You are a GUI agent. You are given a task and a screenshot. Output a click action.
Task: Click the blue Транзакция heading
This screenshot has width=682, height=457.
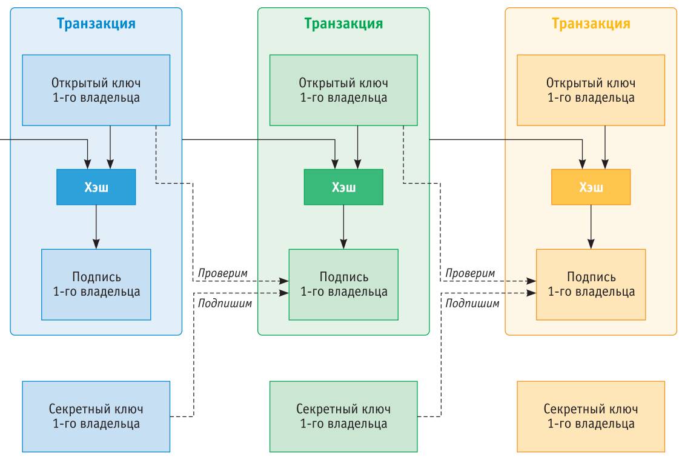(x=96, y=24)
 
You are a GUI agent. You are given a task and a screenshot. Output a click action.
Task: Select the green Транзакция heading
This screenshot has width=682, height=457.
(x=343, y=24)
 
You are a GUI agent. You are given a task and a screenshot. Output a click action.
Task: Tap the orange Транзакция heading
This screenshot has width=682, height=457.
(x=591, y=24)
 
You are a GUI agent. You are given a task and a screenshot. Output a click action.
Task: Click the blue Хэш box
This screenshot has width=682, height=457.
(x=96, y=187)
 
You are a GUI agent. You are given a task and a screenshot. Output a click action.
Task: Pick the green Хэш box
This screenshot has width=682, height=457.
(x=343, y=187)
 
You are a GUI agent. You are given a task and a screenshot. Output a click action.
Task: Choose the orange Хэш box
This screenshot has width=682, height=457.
(x=591, y=187)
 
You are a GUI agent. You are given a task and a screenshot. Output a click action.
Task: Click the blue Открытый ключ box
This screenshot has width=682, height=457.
(x=96, y=90)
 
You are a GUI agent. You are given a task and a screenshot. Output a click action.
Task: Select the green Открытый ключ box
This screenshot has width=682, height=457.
(x=343, y=90)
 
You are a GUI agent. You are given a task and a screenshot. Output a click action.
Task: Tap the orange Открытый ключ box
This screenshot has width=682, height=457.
(x=591, y=90)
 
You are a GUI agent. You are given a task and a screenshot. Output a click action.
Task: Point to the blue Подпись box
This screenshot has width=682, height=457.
(x=96, y=284)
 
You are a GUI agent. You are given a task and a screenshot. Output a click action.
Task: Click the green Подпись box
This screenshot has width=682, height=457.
(x=343, y=284)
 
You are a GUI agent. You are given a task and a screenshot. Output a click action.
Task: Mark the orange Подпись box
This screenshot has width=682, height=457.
(x=591, y=284)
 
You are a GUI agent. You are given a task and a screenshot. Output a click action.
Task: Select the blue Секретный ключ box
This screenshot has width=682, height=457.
(x=96, y=416)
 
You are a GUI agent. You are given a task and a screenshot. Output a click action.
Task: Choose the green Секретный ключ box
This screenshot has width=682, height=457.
(x=343, y=416)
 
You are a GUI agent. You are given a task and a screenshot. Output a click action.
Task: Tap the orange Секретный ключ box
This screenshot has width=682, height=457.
(x=591, y=416)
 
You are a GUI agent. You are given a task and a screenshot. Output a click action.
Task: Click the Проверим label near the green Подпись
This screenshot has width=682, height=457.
(x=223, y=273)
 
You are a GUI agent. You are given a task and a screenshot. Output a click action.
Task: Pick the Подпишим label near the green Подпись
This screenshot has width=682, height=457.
(x=225, y=302)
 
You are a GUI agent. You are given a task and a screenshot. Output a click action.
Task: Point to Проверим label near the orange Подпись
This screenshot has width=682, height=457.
(x=470, y=273)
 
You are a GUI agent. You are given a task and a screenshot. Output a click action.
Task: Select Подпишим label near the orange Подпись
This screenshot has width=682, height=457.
(x=472, y=302)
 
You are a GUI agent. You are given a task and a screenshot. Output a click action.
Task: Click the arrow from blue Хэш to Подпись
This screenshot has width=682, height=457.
(x=96, y=226)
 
